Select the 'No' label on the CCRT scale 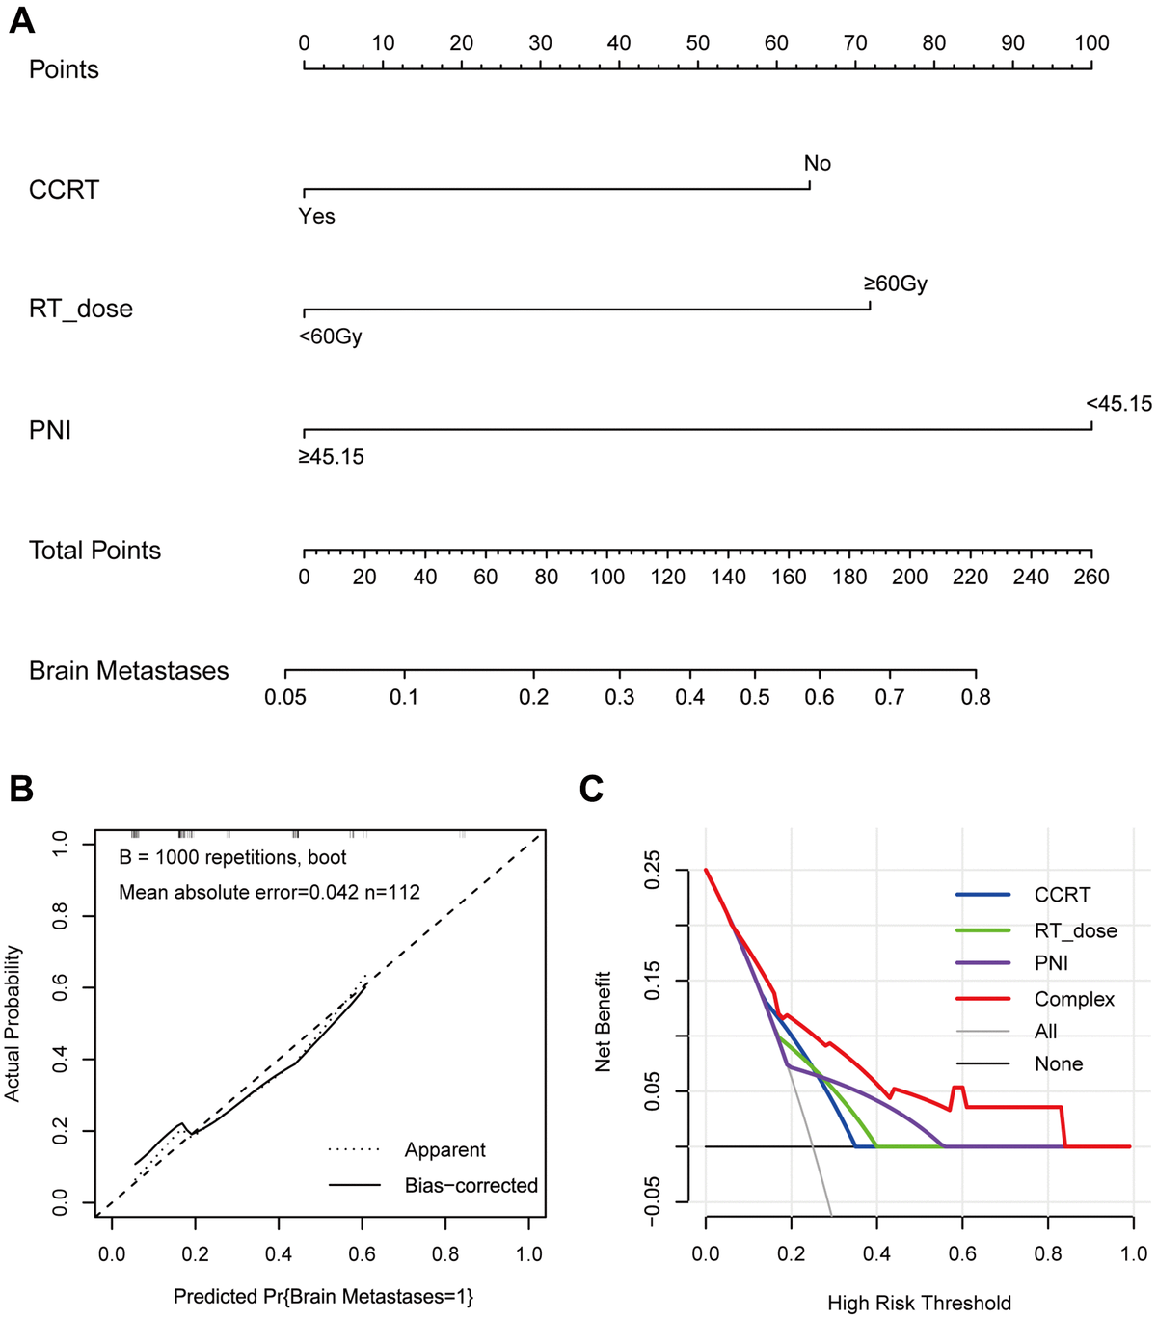coord(817,163)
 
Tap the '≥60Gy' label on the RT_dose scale coord(895,283)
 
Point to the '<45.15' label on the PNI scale coord(1118,404)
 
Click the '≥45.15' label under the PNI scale coord(331,457)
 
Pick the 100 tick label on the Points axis coord(1091,42)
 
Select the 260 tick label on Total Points coord(1091,577)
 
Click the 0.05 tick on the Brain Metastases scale coord(285,697)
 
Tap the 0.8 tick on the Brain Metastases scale coord(976,697)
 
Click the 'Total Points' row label coord(94,551)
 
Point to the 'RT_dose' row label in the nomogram coord(81,310)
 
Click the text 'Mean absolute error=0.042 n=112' coord(269,893)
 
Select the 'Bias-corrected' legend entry coord(471,1186)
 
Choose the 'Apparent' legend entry coord(444,1150)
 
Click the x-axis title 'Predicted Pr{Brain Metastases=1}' coord(323,1297)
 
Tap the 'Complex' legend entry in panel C coord(1074,999)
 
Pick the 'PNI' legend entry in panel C coord(1051,963)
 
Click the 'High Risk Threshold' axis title coord(919,1304)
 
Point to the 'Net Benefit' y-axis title coord(604,1022)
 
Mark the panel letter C coord(591,789)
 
